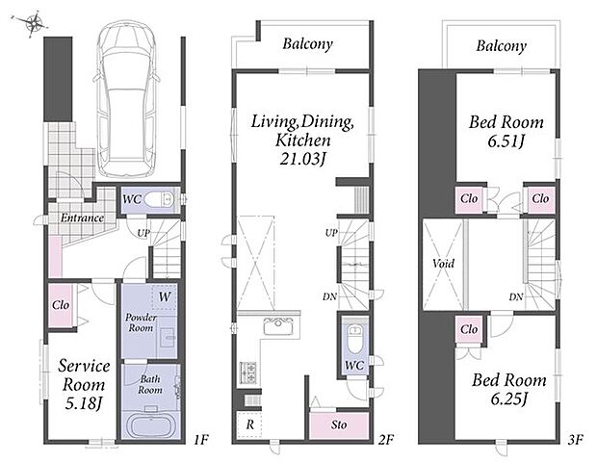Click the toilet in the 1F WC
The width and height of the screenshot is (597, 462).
point(159,199)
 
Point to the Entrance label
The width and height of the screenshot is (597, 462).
point(82,218)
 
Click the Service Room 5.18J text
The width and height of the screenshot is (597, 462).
point(84,385)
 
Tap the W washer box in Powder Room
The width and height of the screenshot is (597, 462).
point(165,296)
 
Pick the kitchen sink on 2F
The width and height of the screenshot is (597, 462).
point(278,327)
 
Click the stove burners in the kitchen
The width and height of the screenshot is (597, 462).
point(247,372)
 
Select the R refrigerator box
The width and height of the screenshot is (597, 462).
point(249,423)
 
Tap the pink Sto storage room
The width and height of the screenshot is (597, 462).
point(339,424)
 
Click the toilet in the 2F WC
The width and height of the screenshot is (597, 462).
point(354,337)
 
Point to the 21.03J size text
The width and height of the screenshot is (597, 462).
point(302,160)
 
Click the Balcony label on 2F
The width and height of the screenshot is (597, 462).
point(307,44)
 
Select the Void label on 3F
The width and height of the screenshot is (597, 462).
point(444,264)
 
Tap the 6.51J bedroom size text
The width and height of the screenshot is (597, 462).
point(506,141)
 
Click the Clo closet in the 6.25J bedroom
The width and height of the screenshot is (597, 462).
point(469,329)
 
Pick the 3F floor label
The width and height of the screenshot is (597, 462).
point(575,440)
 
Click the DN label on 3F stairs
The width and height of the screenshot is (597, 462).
point(516,296)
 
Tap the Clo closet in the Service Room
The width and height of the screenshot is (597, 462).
point(61,305)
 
